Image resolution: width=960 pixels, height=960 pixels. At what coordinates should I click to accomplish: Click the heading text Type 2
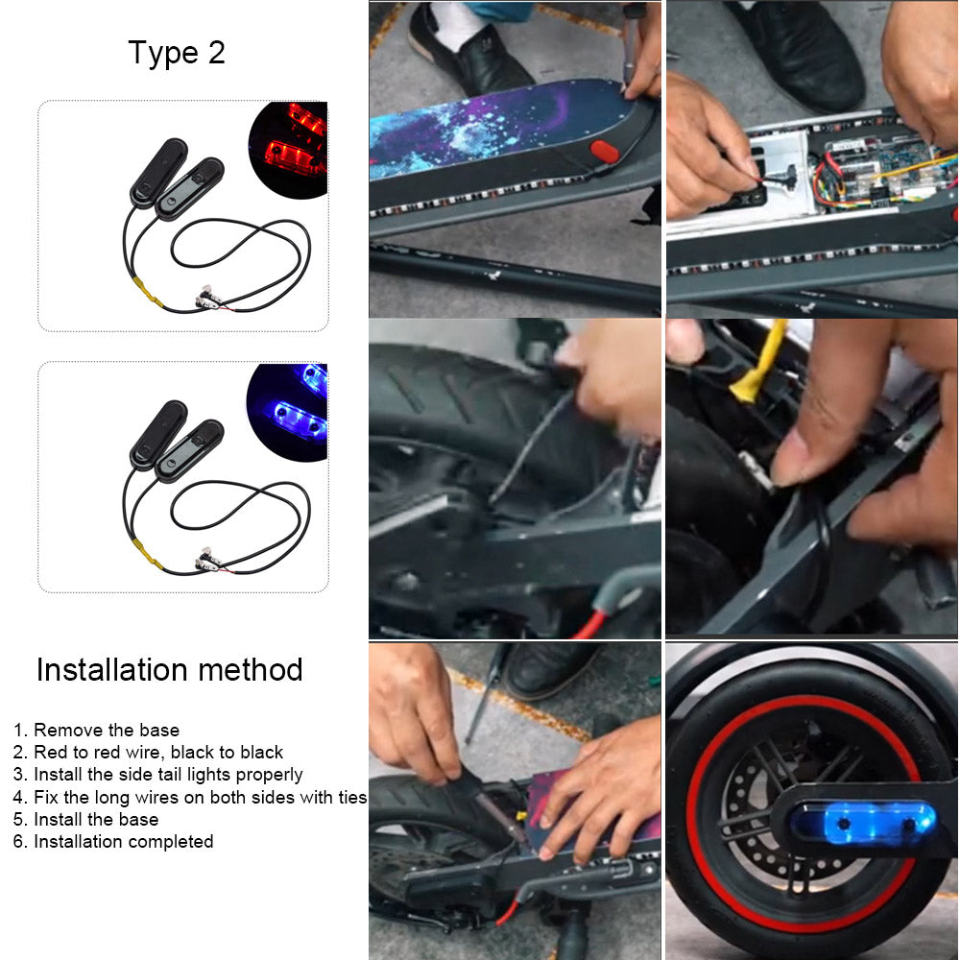[x=177, y=53]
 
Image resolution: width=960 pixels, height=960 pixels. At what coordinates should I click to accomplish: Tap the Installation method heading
[x=170, y=669]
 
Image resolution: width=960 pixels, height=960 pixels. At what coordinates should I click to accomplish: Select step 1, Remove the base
[x=96, y=730]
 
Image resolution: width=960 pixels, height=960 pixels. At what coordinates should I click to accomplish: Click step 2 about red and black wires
[x=148, y=752]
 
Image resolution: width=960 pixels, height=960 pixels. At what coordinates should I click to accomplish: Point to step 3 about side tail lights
[x=158, y=775]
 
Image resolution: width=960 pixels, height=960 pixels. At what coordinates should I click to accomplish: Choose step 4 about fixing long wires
[x=190, y=797]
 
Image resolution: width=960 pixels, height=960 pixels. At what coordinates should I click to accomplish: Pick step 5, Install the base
[x=85, y=819]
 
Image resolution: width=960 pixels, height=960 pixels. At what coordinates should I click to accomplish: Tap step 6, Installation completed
[x=113, y=841]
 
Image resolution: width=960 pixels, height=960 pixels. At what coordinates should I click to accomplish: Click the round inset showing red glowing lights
[x=288, y=150]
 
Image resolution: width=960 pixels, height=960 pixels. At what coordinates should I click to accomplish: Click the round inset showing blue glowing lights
[x=288, y=412]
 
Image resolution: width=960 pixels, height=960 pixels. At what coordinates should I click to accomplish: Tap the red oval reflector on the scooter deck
[x=604, y=151]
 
